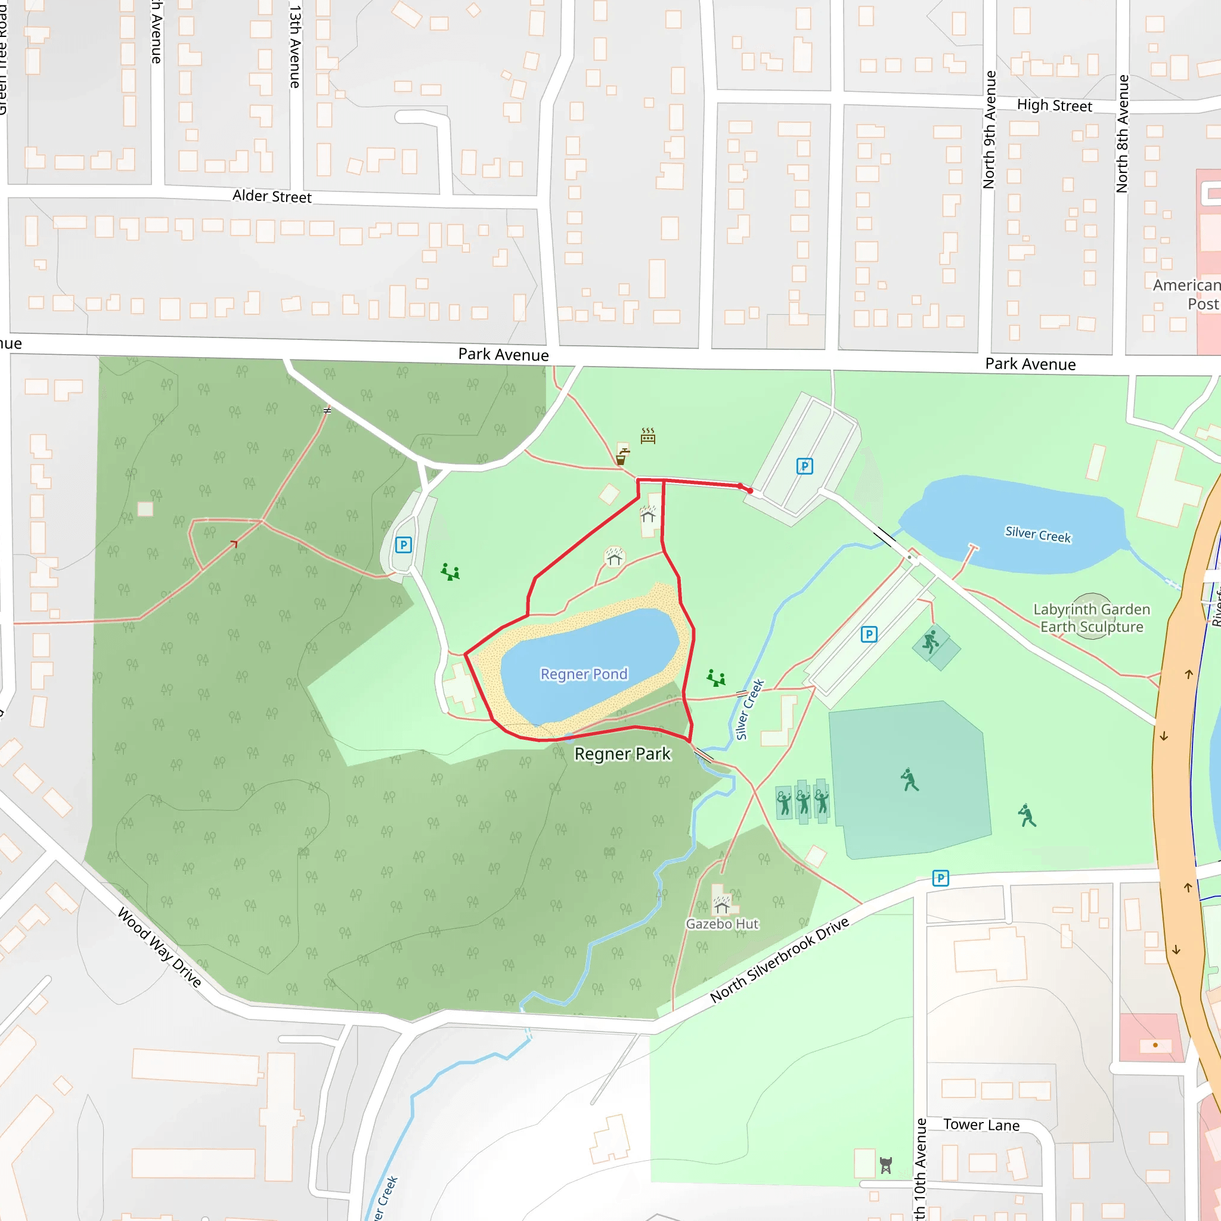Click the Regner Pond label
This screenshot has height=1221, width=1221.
583,674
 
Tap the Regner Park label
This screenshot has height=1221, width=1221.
622,754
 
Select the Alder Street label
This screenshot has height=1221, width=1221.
272,197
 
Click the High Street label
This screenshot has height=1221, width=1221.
1054,106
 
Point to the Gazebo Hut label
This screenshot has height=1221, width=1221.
722,924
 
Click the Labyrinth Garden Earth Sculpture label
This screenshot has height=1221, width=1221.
1092,618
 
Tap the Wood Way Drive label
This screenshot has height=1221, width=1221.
160,947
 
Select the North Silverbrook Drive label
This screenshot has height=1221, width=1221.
779,959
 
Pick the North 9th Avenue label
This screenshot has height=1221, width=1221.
989,129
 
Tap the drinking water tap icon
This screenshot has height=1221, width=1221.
622,456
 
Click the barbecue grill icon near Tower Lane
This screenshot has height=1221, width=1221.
885,1166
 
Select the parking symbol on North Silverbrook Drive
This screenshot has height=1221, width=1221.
940,878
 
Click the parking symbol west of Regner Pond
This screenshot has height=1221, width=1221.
403,545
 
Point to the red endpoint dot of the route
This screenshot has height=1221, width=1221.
750,491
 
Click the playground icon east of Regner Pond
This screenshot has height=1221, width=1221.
716,678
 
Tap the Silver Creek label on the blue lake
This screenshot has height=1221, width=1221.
1038,535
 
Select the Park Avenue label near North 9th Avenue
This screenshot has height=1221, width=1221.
1030,364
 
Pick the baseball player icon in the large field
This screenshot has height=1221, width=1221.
909,780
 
